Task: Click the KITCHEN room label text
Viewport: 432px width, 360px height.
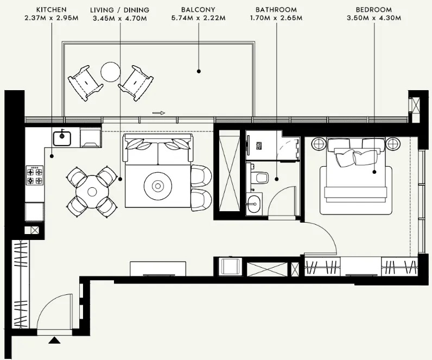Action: coord(52,10)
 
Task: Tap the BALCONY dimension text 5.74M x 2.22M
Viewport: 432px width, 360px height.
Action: coord(199,18)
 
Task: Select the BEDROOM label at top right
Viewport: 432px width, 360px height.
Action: coord(374,10)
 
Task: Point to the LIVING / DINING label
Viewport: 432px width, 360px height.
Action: coord(119,10)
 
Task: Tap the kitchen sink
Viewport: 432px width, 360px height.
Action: coord(62,138)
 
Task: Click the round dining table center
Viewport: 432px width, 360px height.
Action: coord(92,191)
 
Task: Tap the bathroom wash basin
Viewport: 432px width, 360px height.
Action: coord(253,205)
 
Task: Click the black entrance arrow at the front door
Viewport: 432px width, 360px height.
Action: coord(54,340)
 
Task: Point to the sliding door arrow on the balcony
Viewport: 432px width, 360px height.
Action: coord(158,113)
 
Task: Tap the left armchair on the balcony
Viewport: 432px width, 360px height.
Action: coord(85,82)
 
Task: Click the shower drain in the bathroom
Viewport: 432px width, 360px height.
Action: coord(260,146)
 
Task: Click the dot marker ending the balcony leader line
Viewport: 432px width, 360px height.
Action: coord(199,71)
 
